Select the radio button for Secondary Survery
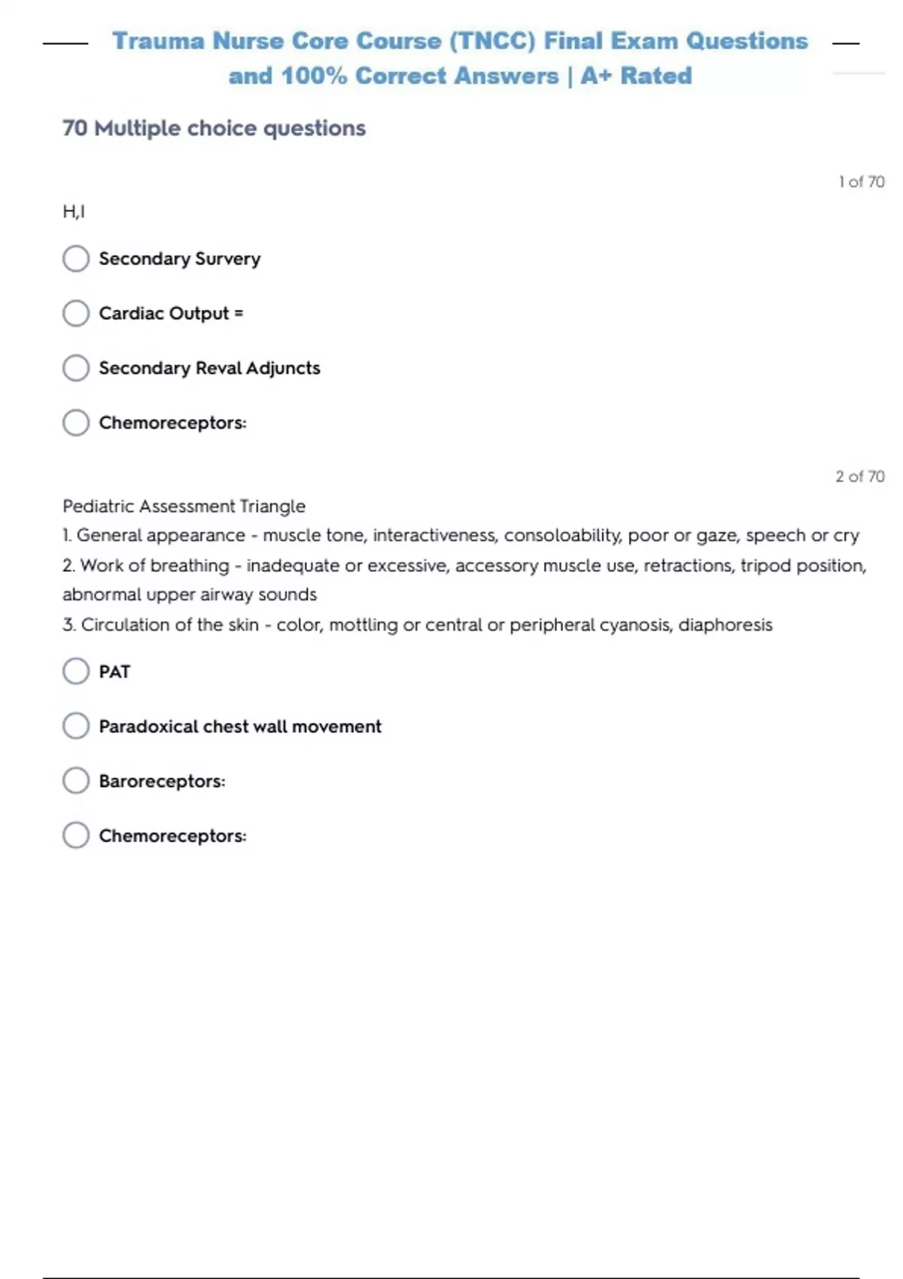(76, 259)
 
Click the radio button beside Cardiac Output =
(76, 314)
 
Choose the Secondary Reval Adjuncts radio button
(76, 369)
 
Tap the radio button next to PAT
(76, 671)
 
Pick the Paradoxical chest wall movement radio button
(76, 726)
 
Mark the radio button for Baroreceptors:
(76, 781)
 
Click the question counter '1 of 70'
(861, 182)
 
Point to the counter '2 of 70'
(859, 476)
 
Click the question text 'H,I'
(74, 212)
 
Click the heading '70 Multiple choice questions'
(214, 129)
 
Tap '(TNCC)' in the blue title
(492, 41)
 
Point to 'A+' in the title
(596, 76)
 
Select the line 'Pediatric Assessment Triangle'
(184, 506)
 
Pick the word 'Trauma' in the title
(158, 41)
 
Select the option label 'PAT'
(114, 672)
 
